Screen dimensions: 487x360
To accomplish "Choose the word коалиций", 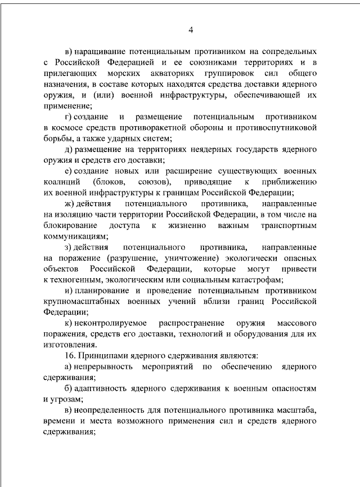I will click(x=60, y=182).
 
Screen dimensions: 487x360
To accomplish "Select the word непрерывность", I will click(x=103, y=367).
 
